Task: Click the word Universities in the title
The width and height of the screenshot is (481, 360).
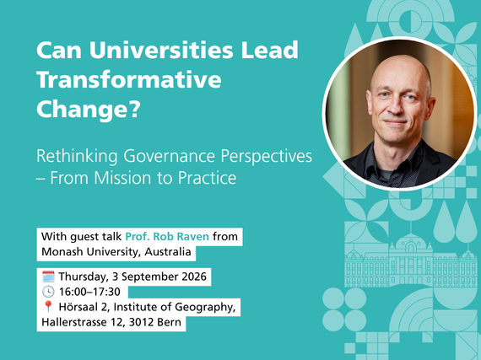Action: pos(161,50)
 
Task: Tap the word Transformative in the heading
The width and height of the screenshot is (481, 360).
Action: pos(129,79)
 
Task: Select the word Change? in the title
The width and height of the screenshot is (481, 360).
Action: pos(89,110)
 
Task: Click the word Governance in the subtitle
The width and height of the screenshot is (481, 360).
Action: pos(170,156)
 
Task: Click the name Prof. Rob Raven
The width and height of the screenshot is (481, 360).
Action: pos(167,237)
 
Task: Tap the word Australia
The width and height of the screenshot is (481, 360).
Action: pos(168,251)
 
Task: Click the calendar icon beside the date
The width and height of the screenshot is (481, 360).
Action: pos(48,277)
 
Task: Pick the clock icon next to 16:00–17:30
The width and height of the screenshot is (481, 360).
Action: pos(48,292)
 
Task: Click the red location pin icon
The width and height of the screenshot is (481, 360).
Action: pos(48,307)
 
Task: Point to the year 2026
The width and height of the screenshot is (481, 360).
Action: pos(194,277)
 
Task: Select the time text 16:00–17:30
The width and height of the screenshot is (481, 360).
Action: pos(89,292)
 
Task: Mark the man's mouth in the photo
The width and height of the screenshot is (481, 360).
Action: pos(396,122)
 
